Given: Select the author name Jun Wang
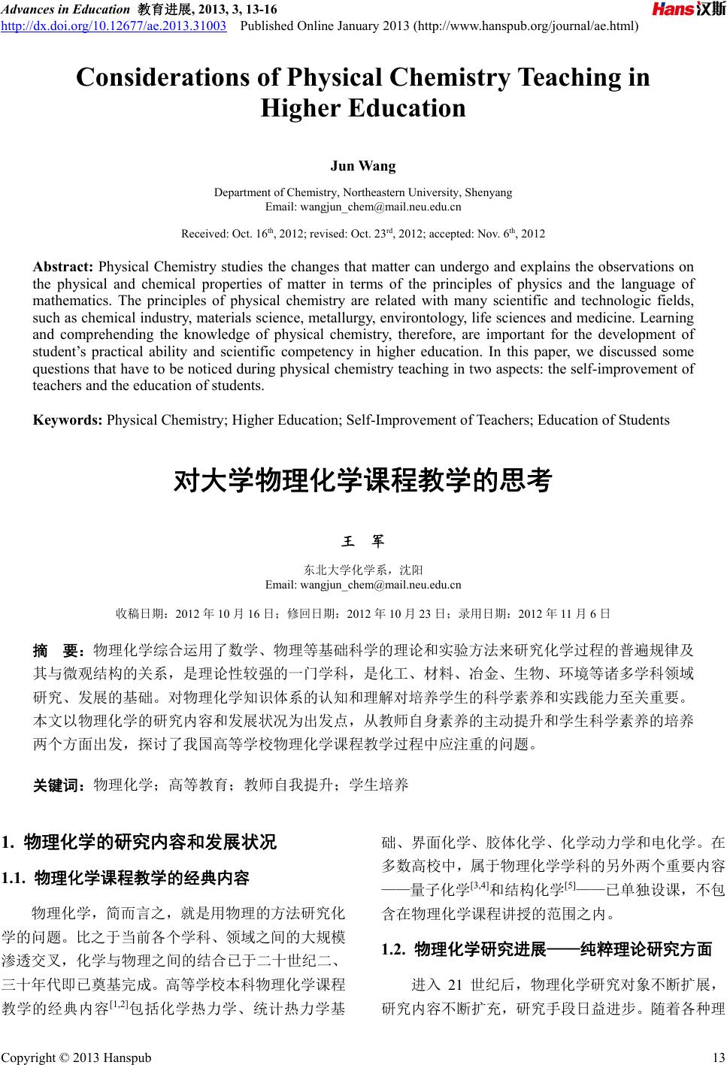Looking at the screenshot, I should (363, 165).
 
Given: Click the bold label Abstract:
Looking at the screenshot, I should (63, 267).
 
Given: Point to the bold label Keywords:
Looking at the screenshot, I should (68, 419).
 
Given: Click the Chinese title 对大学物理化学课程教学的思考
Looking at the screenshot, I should (363, 480).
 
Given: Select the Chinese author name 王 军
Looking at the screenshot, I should (363, 541).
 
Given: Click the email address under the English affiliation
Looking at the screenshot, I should (380, 207).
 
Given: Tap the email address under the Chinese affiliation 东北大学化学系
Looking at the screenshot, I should (380, 585).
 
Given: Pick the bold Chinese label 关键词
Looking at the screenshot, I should (60, 786).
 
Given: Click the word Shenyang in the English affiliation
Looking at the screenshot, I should (489, 192).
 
